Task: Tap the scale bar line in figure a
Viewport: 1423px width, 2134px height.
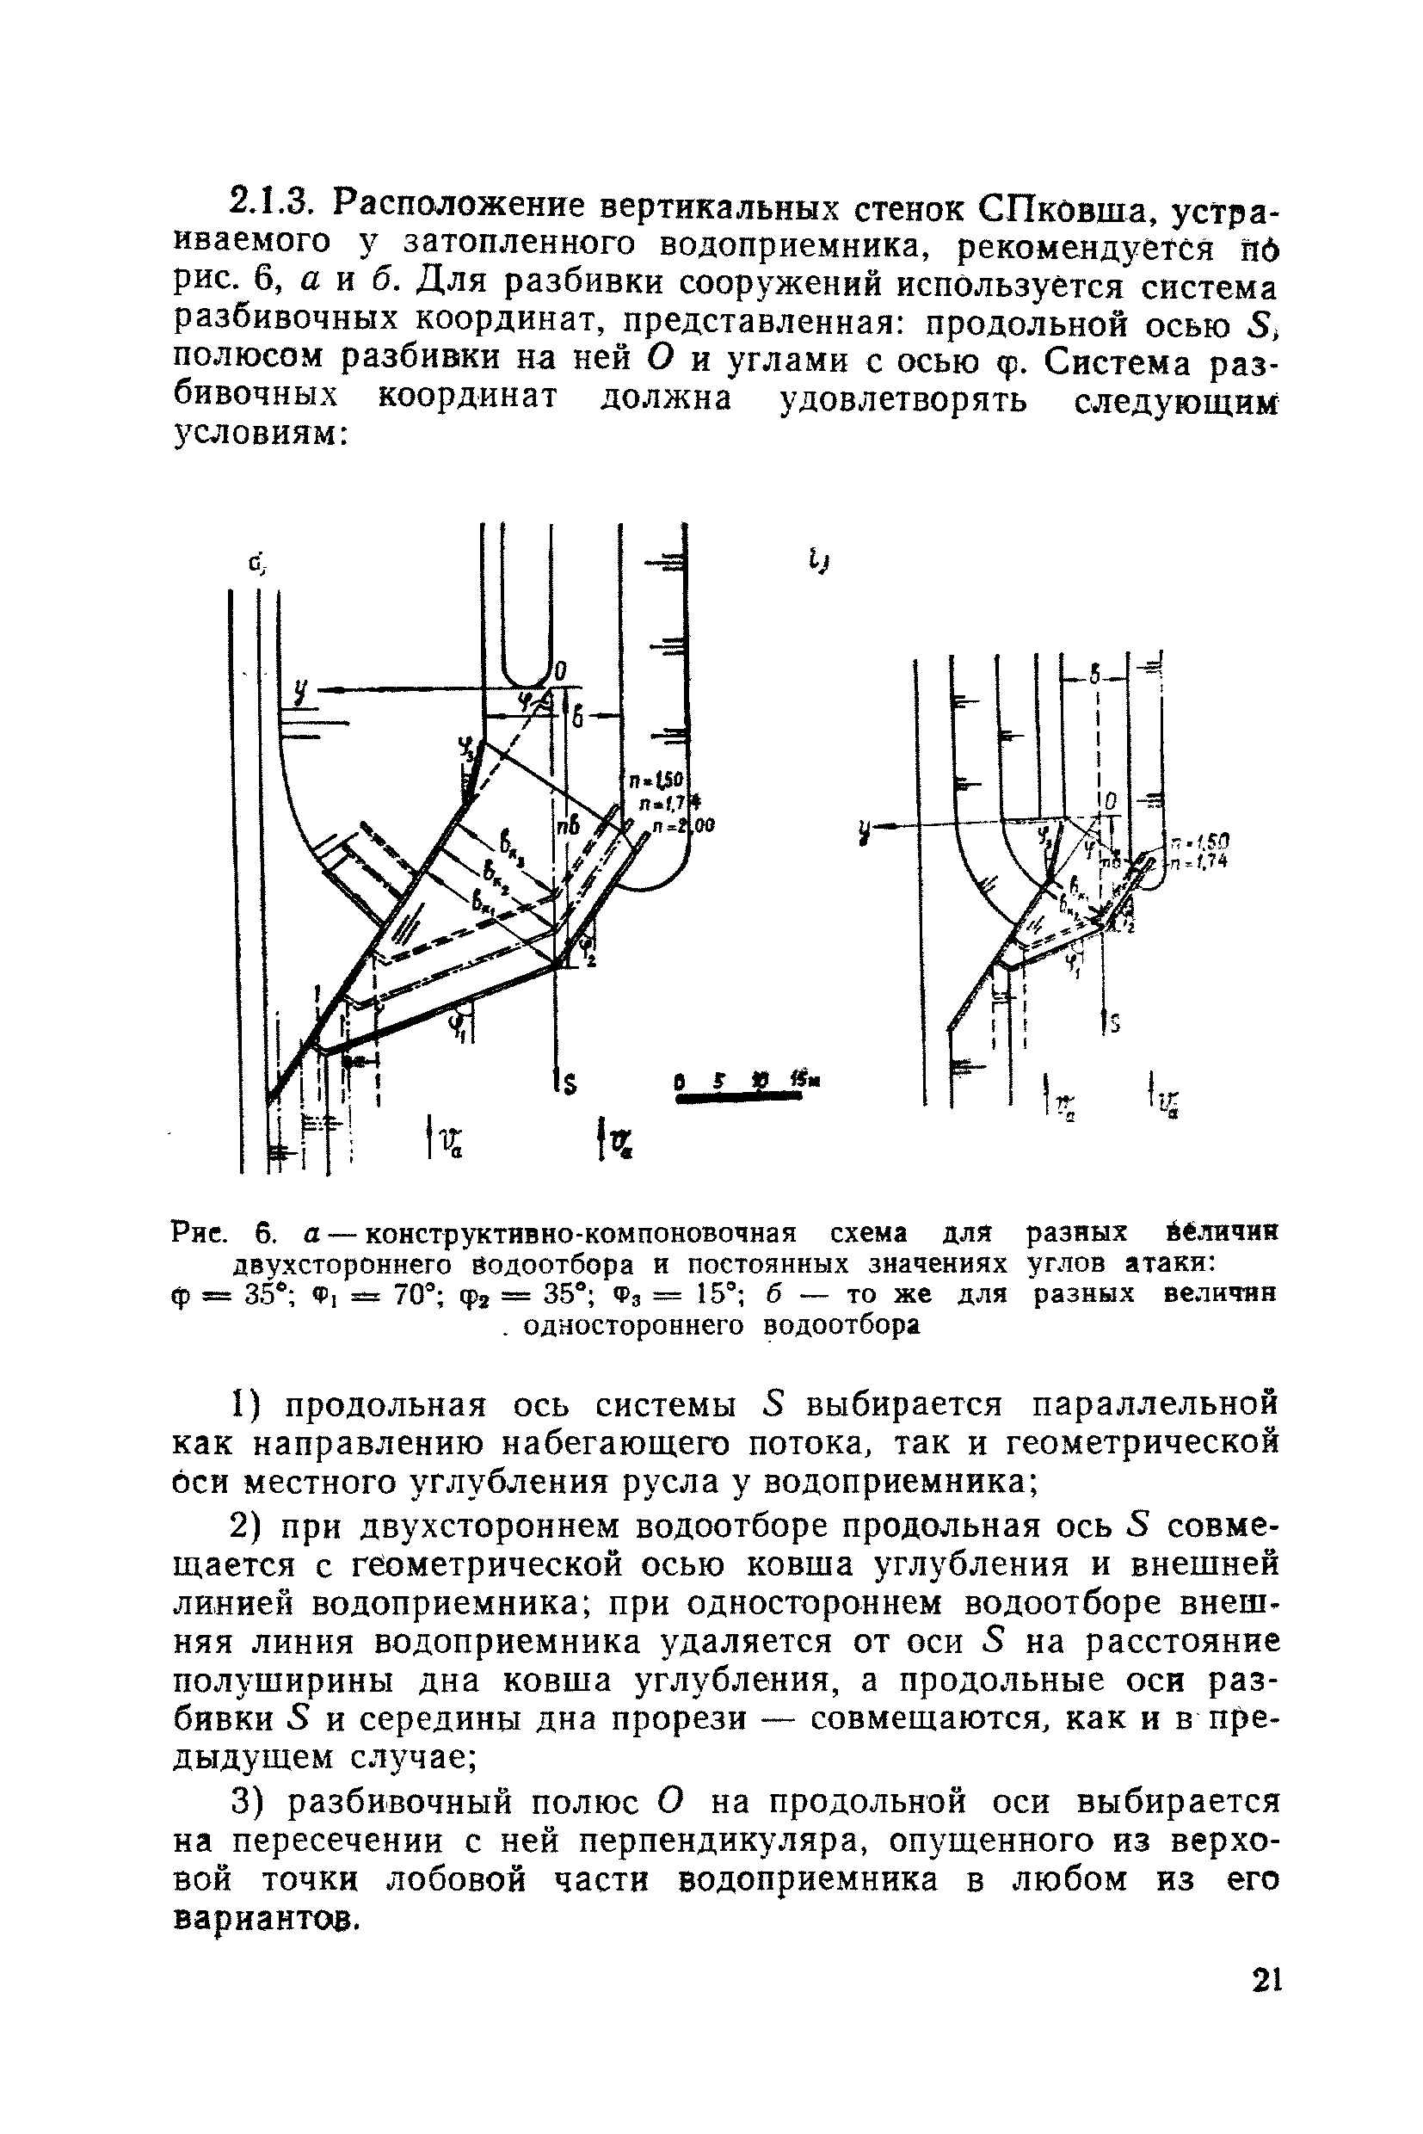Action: coord(739,1099)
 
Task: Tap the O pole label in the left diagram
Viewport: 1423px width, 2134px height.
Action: coord(560,672)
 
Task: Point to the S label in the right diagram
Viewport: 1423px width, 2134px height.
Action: coord(1113,1024)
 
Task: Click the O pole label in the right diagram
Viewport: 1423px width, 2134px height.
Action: coord(1110,804)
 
